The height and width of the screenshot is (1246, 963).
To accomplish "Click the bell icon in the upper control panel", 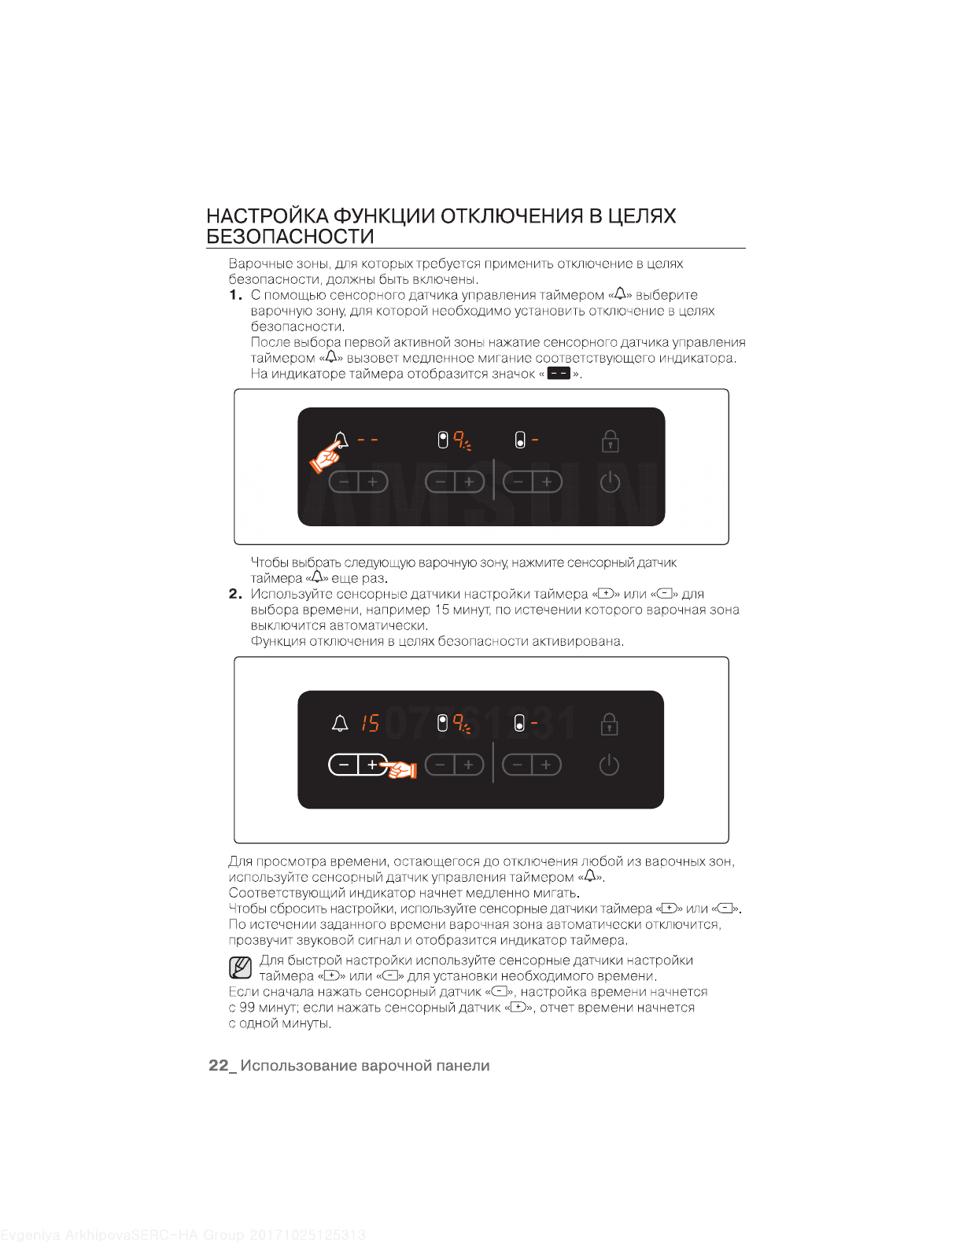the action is point(341,439).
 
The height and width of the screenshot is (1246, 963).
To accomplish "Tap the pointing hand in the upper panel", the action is point(326,457).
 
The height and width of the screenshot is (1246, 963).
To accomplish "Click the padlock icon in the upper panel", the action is point(610,441).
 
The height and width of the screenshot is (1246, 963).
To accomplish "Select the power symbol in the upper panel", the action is point(610,481).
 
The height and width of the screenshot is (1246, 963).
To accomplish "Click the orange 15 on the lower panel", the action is point(370,723).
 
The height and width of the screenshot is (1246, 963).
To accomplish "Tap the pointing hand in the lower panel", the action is point(401,769).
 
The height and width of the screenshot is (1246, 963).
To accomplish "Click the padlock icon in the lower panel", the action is point(609,724).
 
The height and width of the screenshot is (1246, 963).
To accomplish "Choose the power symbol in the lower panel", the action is point(609,765).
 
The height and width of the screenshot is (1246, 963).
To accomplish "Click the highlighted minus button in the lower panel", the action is point(344,765).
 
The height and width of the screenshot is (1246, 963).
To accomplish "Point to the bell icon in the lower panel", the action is point(340,723).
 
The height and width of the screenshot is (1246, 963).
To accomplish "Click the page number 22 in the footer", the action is point(218,1066).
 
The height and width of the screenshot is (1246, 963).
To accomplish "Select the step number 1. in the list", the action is point(235,295).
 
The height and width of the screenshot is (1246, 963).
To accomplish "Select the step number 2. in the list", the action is point(235,594).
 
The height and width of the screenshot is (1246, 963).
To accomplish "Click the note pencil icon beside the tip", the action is point(241,967).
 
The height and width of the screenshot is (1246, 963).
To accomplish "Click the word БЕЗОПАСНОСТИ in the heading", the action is point(290,237).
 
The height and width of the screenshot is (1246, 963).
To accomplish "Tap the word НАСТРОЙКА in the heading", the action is point(267,216).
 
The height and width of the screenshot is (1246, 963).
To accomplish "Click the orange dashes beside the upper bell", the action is point(367,439).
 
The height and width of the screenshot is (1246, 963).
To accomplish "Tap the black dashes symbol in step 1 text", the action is point(559,374).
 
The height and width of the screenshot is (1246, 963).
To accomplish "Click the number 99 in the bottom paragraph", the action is point(247,1008).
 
